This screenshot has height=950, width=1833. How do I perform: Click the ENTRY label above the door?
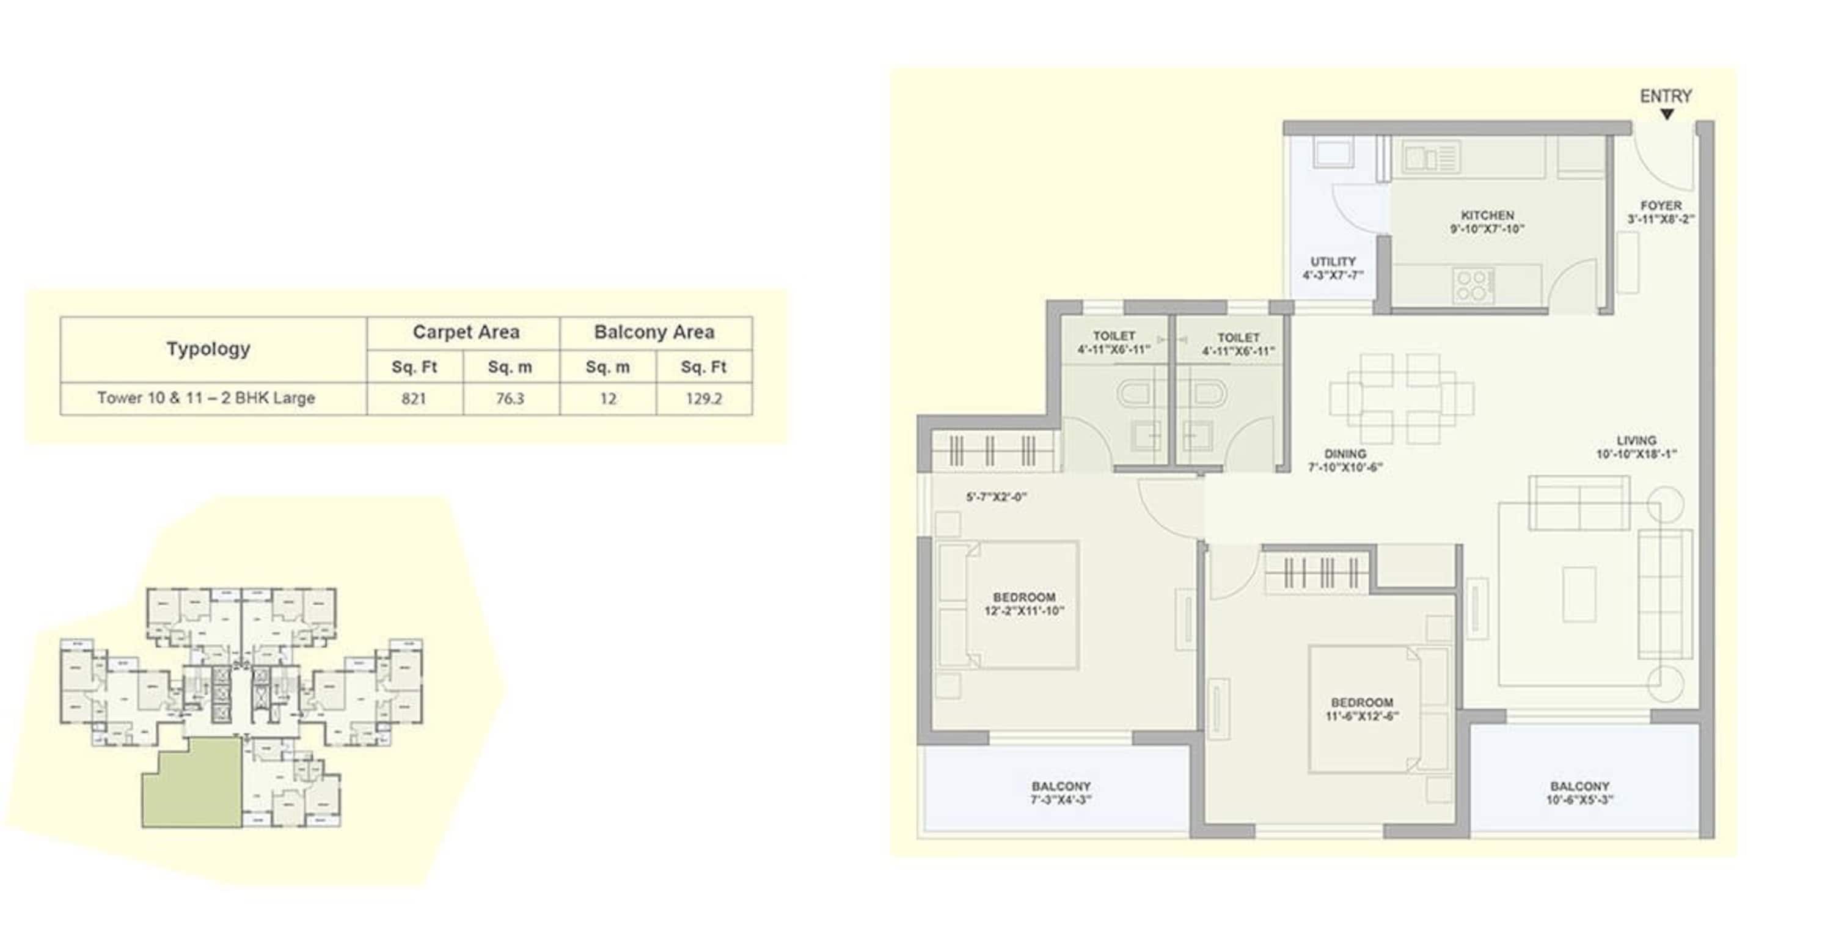coord(1665,96)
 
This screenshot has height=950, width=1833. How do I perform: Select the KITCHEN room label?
coord(1487,215)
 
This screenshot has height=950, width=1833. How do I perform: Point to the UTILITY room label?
coord(1333,262)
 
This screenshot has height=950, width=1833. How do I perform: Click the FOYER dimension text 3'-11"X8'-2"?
coord(1661,219)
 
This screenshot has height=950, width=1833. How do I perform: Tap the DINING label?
coord(1345,454)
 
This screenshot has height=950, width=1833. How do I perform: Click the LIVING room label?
coord(1636,440)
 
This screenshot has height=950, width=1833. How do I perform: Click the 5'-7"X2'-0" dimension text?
coord(996,497)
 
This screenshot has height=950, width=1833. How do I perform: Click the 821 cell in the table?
coord(414,398)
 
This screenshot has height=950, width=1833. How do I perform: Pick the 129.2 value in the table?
coord(703,398)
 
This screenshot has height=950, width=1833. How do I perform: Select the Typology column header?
coord(208,349)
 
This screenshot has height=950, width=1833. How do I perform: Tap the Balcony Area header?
coord(654,332)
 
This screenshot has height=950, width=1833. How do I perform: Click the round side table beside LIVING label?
coord(1664,503)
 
